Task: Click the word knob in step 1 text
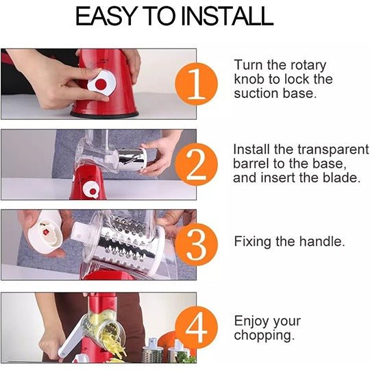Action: tap(249, 79)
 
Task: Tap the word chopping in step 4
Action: tap(264, 335)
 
